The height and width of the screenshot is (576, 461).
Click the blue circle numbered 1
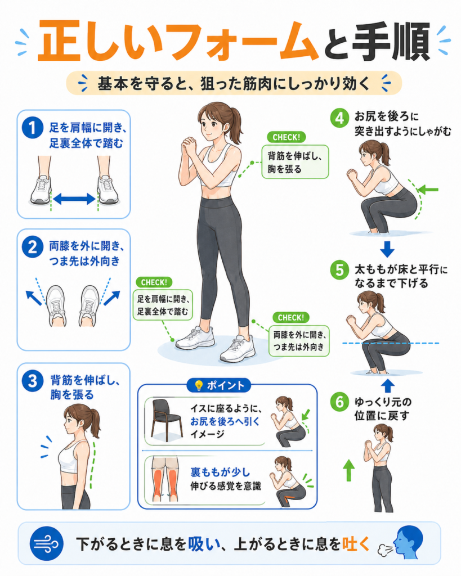click(x=33, y=128)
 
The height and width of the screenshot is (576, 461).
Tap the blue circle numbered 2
click(x=33, y=247)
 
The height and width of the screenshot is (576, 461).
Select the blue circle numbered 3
click(x=33, y=381)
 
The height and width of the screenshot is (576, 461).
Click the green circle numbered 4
click(x=339, y=118)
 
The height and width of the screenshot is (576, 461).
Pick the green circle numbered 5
click(x=339, y=270)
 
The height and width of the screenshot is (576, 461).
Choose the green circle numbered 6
click(x=339, y=402)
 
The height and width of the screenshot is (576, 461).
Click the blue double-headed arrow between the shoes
click(x=74, y=199)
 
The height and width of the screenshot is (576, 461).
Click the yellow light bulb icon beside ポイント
click(x=199, y=385)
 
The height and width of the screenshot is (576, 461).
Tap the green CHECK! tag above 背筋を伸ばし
click(x=287, y=137)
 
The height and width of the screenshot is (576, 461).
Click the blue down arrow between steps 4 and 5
click(x=387, y=249)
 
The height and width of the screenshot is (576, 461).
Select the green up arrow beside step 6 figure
click(x=349, y=470)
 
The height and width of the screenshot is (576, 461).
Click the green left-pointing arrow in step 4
click(x=428, y=190)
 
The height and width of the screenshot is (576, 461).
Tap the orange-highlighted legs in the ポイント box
click(x=166, y=480)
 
